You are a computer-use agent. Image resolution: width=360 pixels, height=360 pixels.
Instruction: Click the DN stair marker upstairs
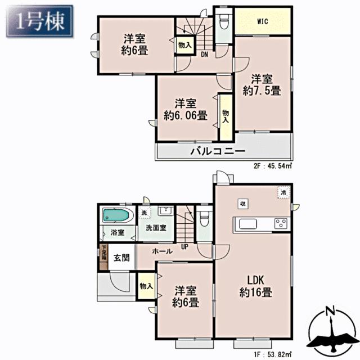(205, 55)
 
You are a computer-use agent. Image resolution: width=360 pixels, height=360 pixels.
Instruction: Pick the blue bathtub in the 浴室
(116, 215)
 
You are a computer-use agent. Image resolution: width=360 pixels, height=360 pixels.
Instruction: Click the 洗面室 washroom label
(156, 228)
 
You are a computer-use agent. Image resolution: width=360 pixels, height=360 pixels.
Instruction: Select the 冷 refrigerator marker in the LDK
(283, 192)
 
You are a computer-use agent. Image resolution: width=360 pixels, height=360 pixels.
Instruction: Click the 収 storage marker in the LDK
(242, 204)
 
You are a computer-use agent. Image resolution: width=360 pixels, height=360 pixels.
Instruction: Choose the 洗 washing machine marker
(144, 213)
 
